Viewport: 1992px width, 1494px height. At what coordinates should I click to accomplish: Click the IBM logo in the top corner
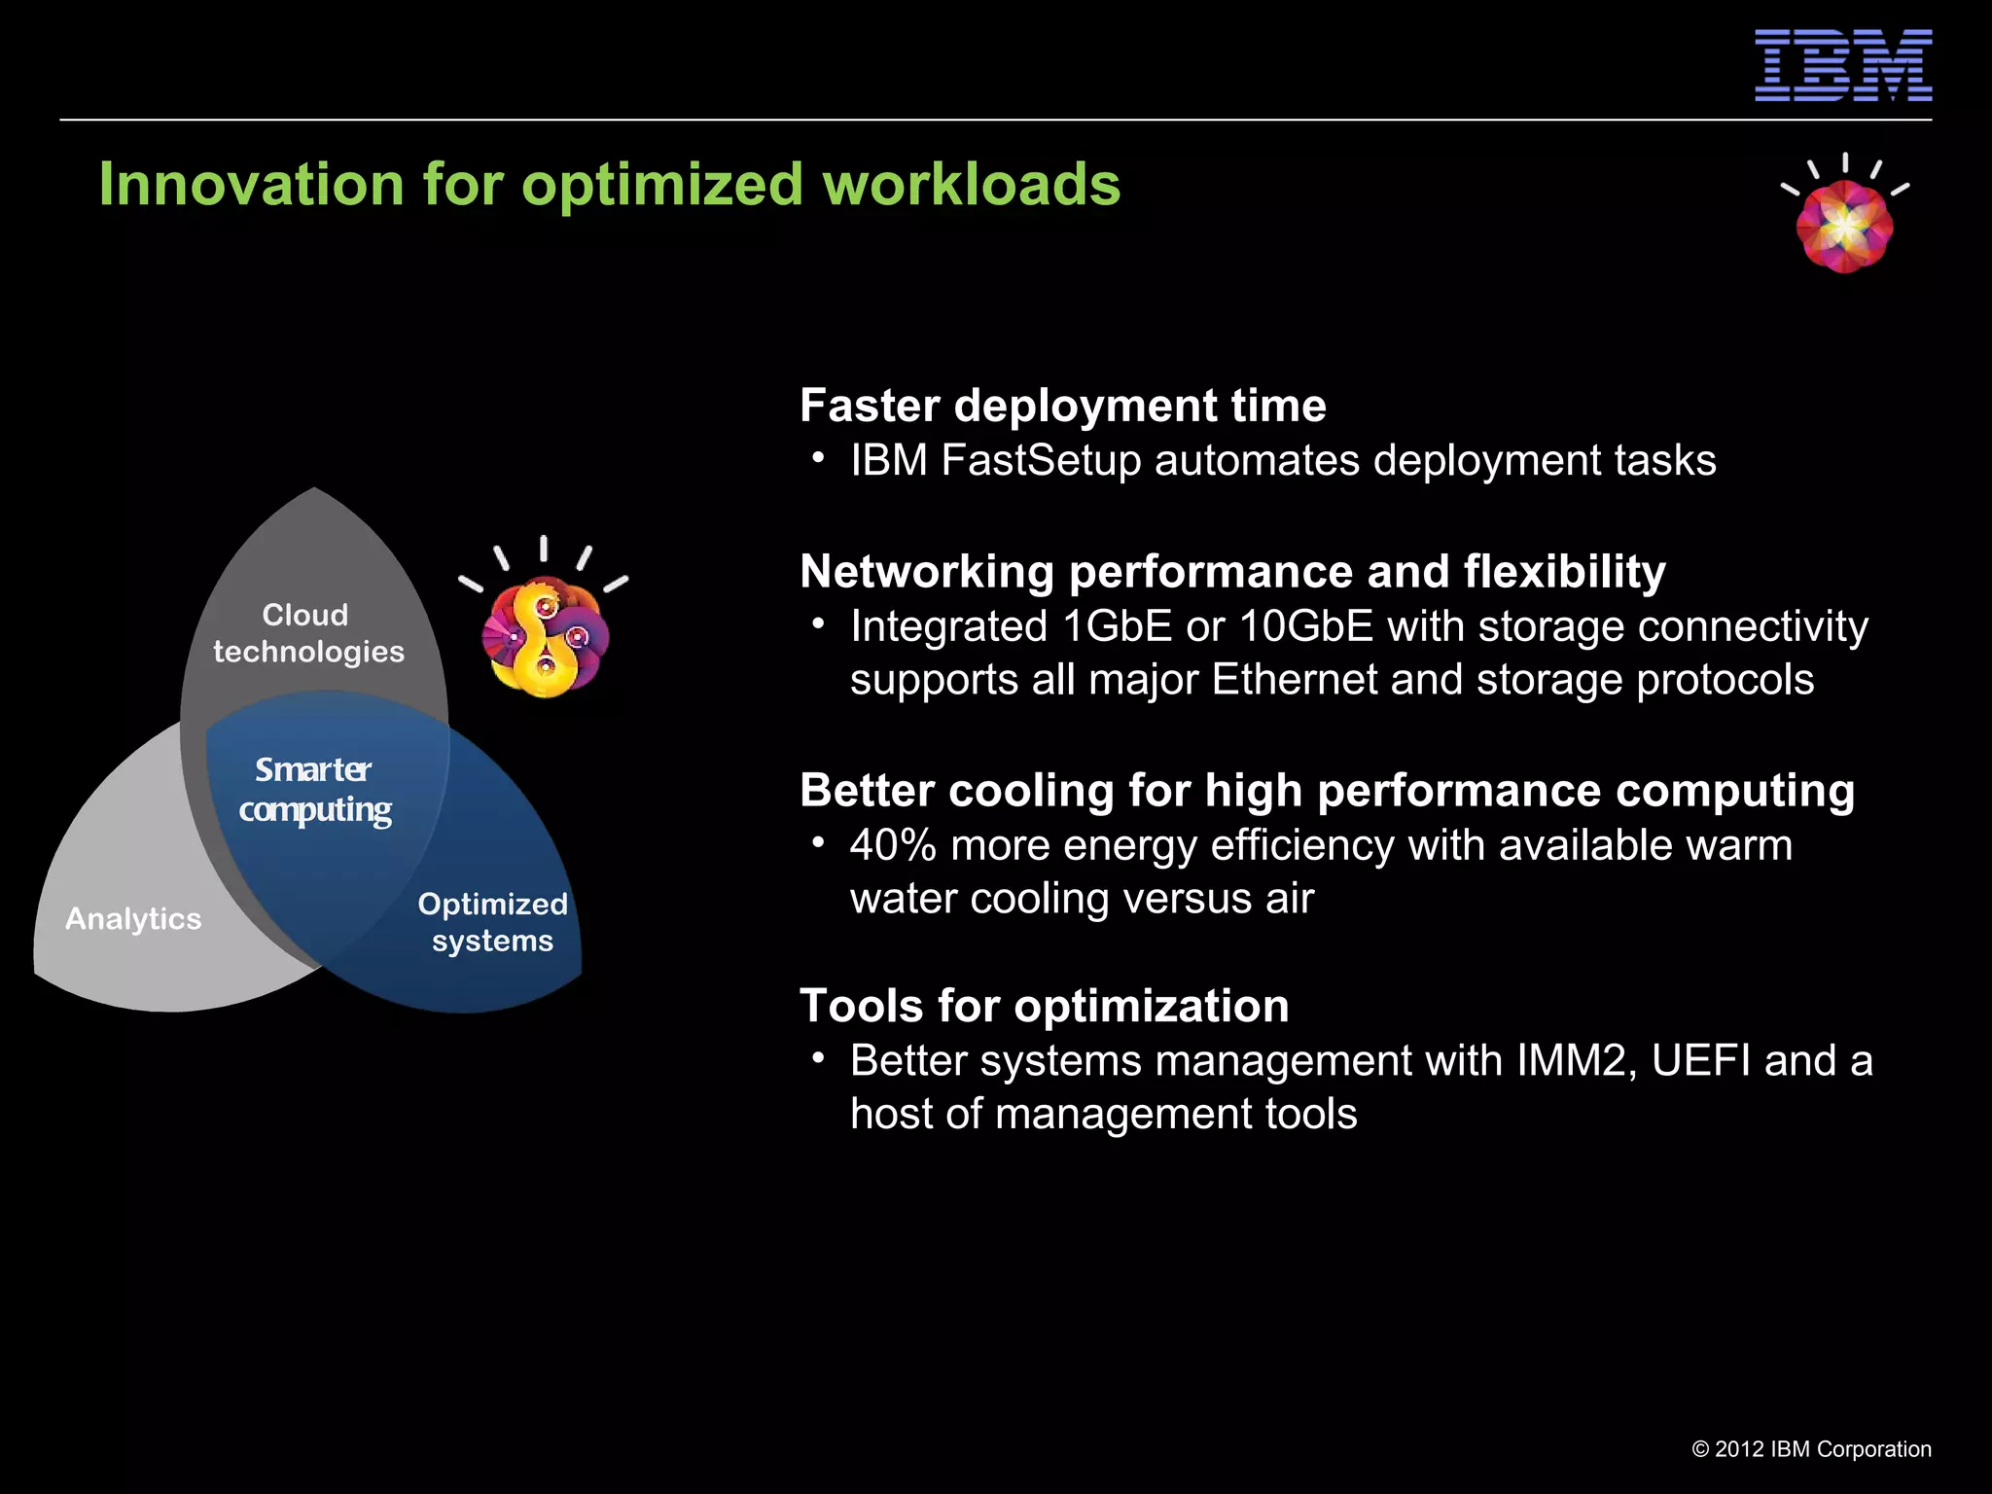pos(1842,65)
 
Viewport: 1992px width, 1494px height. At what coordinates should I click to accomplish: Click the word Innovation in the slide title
pos(251,184)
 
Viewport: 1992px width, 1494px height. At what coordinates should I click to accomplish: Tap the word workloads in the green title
pos(971,184)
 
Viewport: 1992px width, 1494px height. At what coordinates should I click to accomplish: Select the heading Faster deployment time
pos(1062,406)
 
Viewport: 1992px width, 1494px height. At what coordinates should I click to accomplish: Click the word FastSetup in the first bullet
pos(1040,460)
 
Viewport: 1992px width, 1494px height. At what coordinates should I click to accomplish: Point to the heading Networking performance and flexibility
pos(1232,571)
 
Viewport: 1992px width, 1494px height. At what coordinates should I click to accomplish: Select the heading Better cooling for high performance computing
pos(1327,790)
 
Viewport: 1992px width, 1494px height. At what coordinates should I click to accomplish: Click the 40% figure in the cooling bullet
pos(892,845)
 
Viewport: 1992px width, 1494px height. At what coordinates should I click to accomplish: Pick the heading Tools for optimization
pos(1044,1006)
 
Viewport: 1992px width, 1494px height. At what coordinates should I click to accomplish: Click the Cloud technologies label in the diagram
pos(308,633)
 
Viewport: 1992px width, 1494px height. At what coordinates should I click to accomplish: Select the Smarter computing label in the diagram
pos(314,790)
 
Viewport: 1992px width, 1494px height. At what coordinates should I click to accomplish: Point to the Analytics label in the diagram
pos(133,919)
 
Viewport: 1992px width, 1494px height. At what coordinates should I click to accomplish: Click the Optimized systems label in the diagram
pos(492,922)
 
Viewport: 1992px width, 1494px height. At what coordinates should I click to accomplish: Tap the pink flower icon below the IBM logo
pos(1844,224)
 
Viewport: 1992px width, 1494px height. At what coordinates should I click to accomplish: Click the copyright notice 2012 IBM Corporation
pos(1811,1449)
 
